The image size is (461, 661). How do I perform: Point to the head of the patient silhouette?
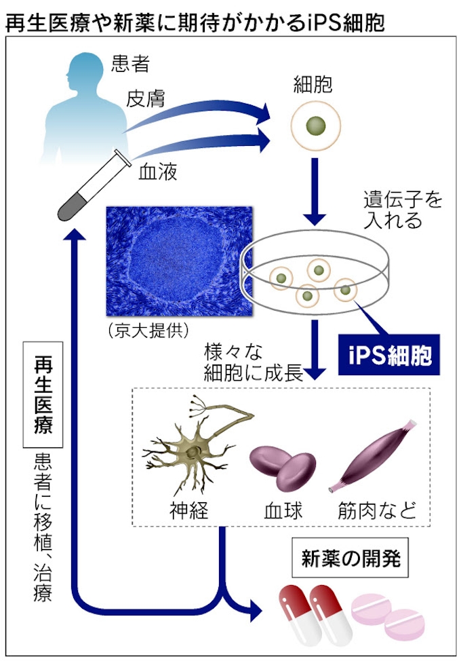(x=80, y=68)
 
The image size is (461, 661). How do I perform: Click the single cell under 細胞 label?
(x=315, y=125)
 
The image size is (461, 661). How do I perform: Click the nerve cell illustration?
(x=191, y=447)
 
